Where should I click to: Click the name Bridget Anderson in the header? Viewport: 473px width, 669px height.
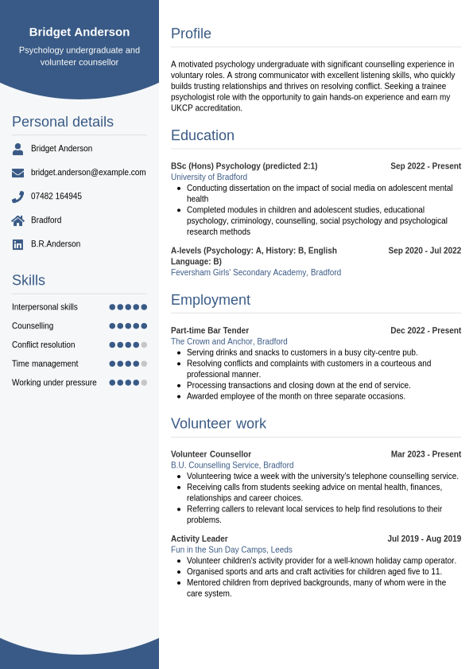79,32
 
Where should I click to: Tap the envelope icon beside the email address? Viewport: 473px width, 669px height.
17,173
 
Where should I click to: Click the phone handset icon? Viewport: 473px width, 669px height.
17,196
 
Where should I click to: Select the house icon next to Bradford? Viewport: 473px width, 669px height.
17,220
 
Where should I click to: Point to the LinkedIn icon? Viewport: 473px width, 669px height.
17,244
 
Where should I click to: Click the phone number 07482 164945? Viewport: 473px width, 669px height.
56,196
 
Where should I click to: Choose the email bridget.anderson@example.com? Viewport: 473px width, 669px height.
88,173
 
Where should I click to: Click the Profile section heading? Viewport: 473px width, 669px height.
191,33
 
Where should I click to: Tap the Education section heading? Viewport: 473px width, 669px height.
203,135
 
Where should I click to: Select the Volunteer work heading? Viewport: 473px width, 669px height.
219,423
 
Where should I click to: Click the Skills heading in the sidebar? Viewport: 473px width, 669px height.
29,280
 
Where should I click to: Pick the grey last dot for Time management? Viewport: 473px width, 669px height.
144,364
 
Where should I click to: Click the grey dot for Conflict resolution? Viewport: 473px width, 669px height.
144,344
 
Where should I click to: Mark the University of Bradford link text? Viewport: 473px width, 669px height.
209,177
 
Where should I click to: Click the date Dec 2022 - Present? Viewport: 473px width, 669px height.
425,331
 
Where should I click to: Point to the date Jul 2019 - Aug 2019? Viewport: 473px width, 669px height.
424,539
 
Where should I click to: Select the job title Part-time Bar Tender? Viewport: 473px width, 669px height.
210,331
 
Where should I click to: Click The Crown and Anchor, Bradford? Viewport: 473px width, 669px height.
229,342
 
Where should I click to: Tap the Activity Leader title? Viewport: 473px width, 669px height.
200,539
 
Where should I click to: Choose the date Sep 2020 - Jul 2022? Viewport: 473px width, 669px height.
425,251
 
